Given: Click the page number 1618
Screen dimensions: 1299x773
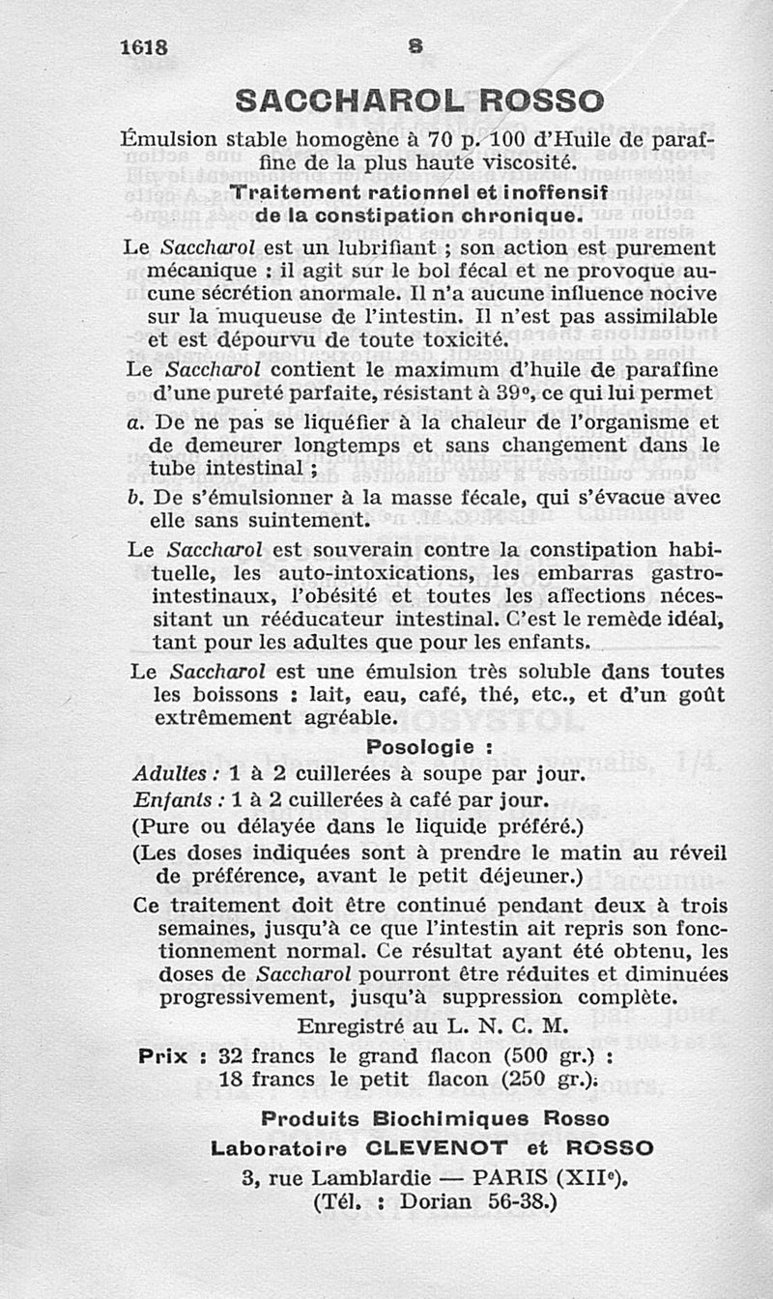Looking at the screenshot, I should point(145,47).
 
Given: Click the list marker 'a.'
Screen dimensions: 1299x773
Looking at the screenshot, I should point(135,421).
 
